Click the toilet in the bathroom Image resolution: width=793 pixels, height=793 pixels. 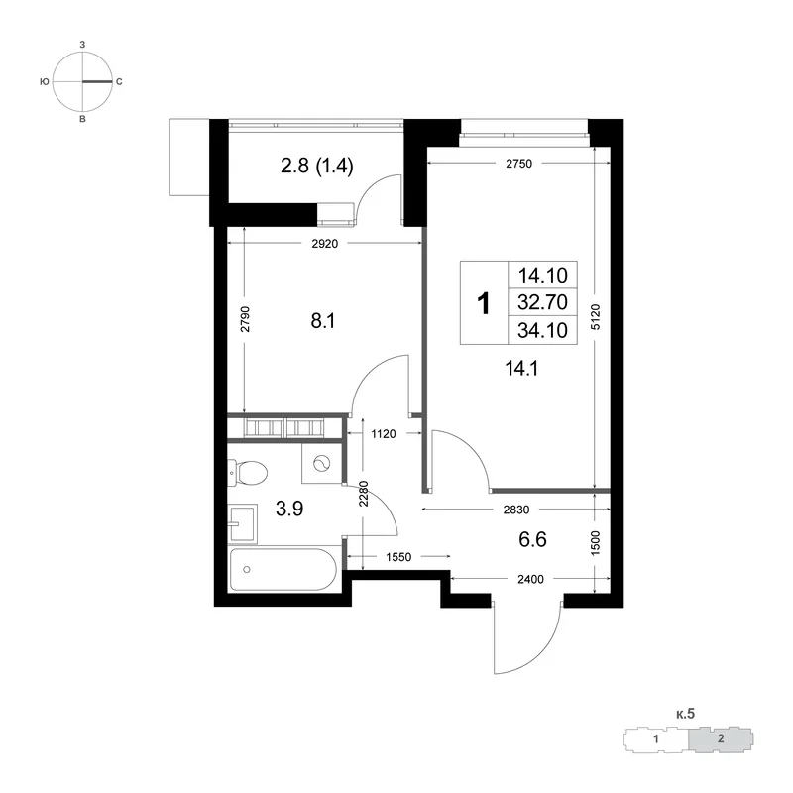pyautogui.click(x=247, y=473)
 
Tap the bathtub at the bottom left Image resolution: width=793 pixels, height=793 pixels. pyautogui.click(x=283, y=569)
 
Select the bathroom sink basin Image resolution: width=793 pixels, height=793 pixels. pyautogui.click(x=242, y=523)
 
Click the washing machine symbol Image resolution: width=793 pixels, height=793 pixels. pyautogui.click(x=321, y=463)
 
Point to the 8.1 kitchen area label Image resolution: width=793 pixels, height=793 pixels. pyautogui.click(x=323, y=320)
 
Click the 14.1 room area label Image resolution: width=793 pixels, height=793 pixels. pyautogui.click(x=521, y=368)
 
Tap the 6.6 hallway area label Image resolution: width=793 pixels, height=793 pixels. pyautogui.click(x=532, y=539)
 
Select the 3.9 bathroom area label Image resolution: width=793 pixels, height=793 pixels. pyautogui.click(x=289, y=509)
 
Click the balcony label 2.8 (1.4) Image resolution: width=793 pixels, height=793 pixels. pyautogui.click(x=316, y=166)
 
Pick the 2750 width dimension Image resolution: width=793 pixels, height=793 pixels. pyautogui.click(x=518, y=164)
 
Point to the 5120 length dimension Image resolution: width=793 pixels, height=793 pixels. pyautogui.click(x=596, y=317)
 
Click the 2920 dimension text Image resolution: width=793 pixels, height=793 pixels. pyautogui.click(x=325, y=244)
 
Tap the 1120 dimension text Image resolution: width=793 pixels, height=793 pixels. pyautogui.click(x=384, y=433)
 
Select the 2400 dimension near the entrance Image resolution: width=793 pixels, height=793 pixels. pyautogui.click(x=530, y=579)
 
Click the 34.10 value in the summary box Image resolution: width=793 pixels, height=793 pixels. pyautogui.click(x=542, y=330)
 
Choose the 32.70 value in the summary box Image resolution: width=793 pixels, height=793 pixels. pyautogui.click(x=542, y=302)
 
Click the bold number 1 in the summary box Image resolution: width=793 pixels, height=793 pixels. pyautogui.click(x=484, y=303)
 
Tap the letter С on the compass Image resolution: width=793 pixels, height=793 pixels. pyautogui.click(x=119, y=81)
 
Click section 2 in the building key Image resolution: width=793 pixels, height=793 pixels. pyautogui.click(x=721, y=738)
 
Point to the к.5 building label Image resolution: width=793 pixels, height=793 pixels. pyautogui.click(x=685, y=714)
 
